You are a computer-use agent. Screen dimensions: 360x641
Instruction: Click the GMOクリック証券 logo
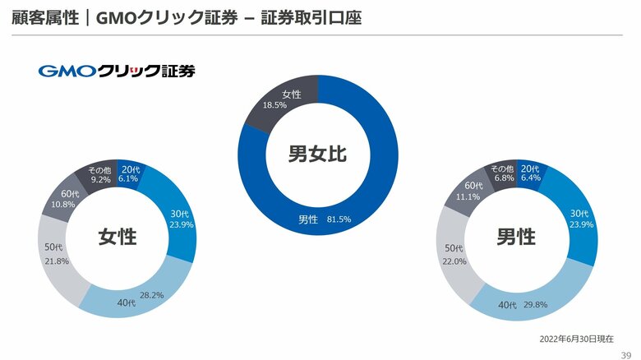(117, 71)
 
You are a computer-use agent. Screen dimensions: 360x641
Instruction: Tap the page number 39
(625, 354)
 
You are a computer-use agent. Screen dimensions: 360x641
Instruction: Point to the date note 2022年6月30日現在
(576, 339)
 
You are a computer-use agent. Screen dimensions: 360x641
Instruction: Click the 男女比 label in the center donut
(317, 153)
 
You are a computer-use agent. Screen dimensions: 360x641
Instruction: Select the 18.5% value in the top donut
(274, 106)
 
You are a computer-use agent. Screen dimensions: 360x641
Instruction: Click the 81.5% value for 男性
(339, 219)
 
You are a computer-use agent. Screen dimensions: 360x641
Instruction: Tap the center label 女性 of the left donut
(118, 237)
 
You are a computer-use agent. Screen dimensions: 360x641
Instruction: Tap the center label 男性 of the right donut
(515, 237)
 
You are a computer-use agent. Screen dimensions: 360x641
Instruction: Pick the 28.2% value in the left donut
(152, 294)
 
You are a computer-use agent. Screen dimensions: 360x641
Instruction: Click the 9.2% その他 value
(100, 178)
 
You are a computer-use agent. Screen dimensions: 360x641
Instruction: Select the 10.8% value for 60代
(63, 204)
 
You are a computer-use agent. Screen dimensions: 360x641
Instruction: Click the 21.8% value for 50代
(57, 261)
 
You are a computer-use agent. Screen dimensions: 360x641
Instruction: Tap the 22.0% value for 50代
(454, 261)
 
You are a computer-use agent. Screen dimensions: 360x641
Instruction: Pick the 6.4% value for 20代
(531, 178)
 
